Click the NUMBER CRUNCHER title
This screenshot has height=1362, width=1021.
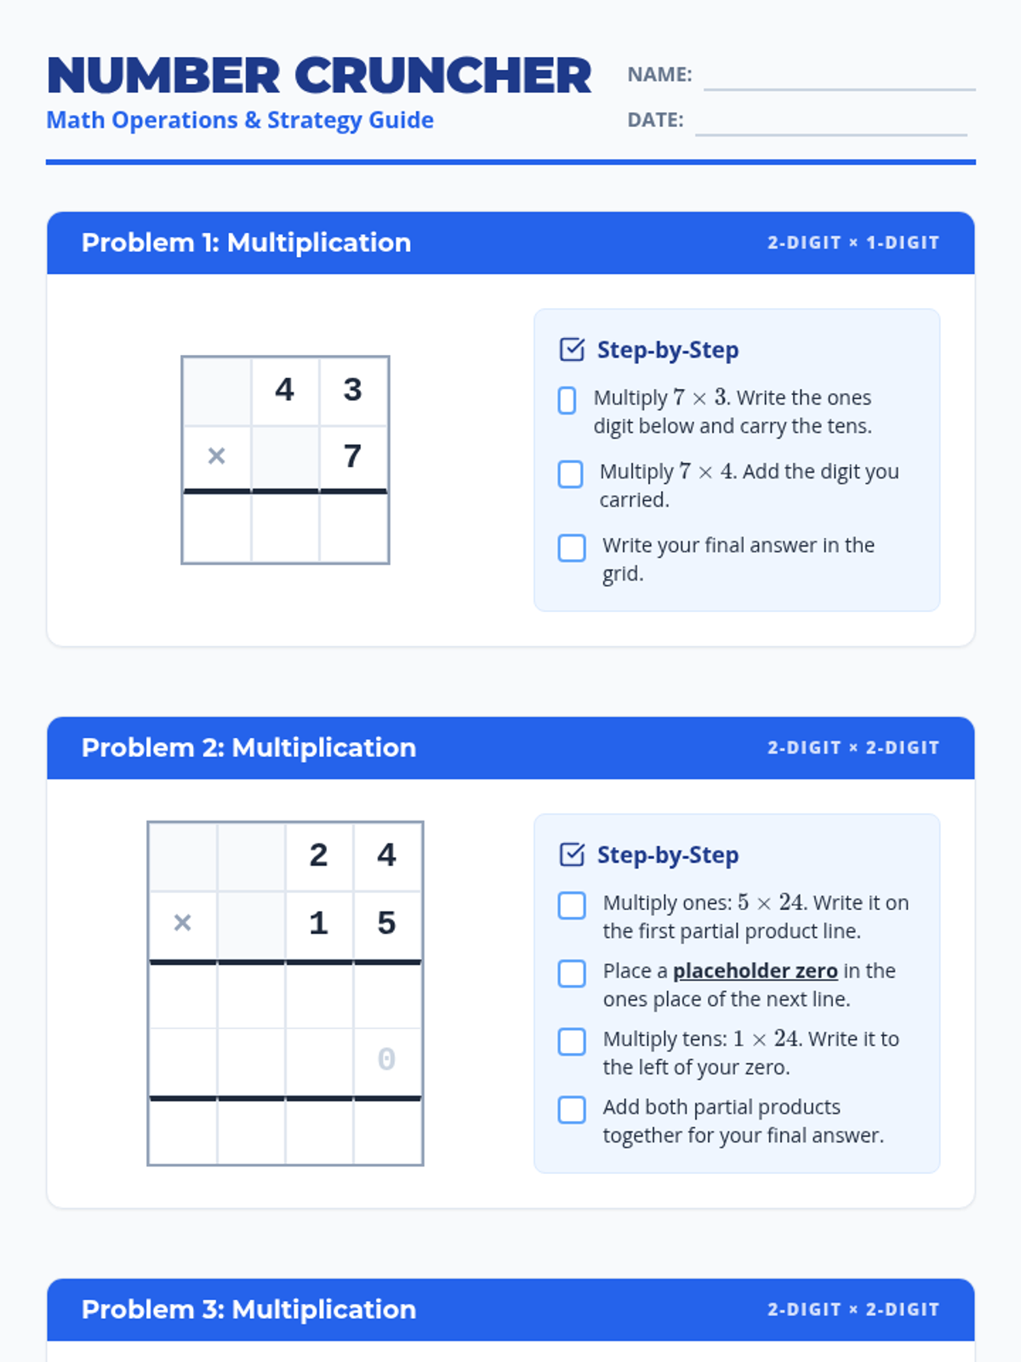click(x=318, y=76)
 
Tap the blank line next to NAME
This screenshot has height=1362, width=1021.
click(x=840, y=90)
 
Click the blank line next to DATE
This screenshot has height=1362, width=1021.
click(x=830, y=134)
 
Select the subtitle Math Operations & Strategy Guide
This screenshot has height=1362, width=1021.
click(x=240, y=120)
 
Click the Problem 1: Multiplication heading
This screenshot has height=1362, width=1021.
click(x=246, y=243)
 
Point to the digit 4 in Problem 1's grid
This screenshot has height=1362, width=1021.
click(x=284, y=390)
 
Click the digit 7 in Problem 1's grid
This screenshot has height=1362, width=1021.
click(x=353, y=456)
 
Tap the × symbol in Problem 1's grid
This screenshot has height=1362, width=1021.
click(x=216, y=456)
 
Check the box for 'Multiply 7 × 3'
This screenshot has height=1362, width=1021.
click(x=568, y=400)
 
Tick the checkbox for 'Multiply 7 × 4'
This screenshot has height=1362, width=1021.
click(x=570, y=474)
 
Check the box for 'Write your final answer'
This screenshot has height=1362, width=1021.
click(x=572, y=548)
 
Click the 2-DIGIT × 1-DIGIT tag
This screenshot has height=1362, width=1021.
click(x=853, y=243)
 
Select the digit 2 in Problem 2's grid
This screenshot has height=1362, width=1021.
click(x=318, y=855)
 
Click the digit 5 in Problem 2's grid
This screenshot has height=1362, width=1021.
click(x=387, y=923)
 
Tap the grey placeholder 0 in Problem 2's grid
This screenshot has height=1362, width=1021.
click(x=387, y=1059)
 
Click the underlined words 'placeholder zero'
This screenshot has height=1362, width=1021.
click(x=756, y=970)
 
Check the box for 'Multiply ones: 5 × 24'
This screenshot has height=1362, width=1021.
click(x=572, y=906)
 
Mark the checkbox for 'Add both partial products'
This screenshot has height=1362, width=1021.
click(x=572, y=1110)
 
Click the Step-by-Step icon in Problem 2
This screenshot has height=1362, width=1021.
click(x=572, y=855)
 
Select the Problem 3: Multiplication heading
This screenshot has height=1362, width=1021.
click(x=248, y=1309)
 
